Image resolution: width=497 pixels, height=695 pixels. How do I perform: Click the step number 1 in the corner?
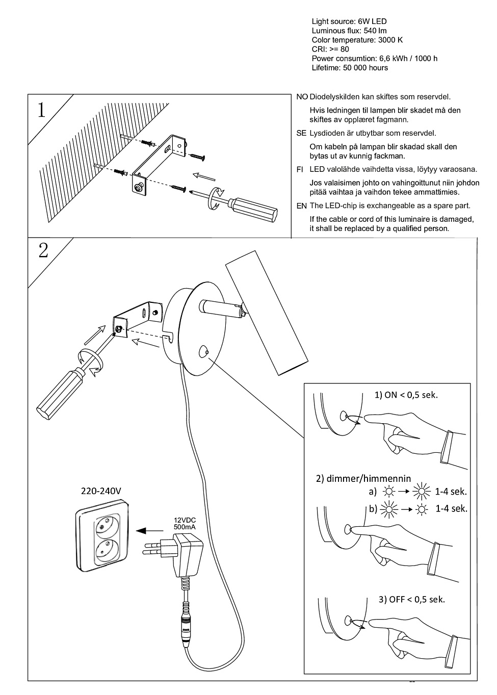(41, 110)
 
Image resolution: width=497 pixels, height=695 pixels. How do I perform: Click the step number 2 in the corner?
(43, 250)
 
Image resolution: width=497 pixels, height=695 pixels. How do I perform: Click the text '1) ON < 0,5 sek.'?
(406, 395)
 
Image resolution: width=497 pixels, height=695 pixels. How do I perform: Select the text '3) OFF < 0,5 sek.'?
(411, 599)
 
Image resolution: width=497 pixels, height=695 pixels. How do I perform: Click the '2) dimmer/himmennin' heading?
(363, 479)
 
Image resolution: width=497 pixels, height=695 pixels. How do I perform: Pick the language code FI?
(300, 169)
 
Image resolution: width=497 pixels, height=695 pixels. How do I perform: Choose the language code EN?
(301, 206)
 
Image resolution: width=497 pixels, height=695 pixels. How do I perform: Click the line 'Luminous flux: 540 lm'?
(349, 31)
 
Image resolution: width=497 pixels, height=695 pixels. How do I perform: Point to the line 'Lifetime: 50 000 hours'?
(350, 68)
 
